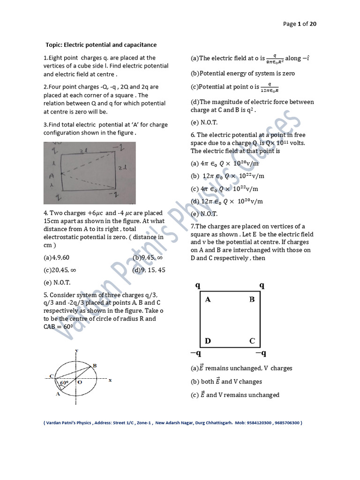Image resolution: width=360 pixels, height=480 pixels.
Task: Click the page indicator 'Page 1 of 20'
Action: [300, 24]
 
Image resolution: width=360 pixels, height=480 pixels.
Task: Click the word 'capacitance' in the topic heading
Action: [138, 45]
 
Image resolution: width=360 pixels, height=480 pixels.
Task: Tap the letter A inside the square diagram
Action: [208, 300]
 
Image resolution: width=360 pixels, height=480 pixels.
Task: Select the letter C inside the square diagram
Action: [252, 341]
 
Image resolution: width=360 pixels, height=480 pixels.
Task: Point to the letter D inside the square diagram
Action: [208, 341]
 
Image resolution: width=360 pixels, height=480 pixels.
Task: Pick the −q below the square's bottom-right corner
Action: [261, 353]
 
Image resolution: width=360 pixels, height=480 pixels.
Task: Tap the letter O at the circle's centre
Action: [80, 382]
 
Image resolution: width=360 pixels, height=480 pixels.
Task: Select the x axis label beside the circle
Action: [110, 380]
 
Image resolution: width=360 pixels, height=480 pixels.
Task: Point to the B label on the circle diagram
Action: [95, 366]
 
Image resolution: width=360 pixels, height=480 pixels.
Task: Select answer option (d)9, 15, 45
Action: [149, 270]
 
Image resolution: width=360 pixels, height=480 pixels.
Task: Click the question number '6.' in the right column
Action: [194, 135]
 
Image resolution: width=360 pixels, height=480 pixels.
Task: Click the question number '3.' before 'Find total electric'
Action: [46, 125]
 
